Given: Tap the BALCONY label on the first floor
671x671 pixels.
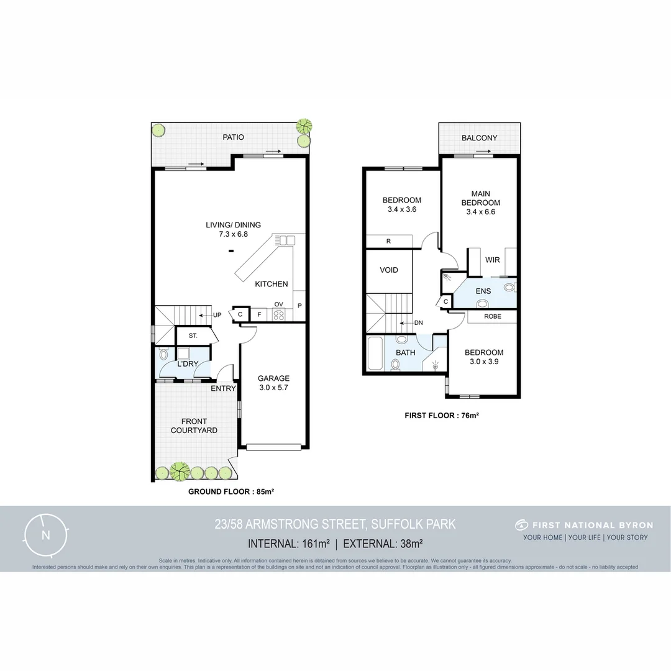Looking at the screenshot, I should click(x=479, y=138).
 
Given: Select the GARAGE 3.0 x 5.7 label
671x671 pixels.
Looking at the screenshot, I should click(x=274, y=383).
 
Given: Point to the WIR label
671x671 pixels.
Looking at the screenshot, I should click(x=493, y=260).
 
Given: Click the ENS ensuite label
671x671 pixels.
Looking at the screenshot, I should click(x=483, y=291).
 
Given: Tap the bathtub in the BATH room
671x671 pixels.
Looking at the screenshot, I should click(x=375, y=354).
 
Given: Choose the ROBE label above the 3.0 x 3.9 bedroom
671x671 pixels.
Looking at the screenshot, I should click(x=492, y=316).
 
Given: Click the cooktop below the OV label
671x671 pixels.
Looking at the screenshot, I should click(x=278, y=315).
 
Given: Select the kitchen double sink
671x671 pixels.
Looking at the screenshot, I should click(x=286, y=240).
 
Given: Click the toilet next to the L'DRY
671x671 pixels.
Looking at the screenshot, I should click(x=163, y=355).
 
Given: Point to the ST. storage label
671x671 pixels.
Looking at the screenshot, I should click(x=193, y=336).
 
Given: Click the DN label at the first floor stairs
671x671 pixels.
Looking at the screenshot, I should click(x=413, y=323).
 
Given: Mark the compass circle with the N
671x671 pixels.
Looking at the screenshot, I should click(x=45, y=535).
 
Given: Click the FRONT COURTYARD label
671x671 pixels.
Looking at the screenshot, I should click(x=194, y=426).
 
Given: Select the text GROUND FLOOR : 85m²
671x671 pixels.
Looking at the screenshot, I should click(x=231, y=491).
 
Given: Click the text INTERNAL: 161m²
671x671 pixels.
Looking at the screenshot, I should click(x=288, y=544).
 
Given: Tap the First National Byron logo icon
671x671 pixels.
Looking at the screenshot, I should click(x=521, y=525).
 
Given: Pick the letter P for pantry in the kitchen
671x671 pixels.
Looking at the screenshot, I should click(x=299, y=306).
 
